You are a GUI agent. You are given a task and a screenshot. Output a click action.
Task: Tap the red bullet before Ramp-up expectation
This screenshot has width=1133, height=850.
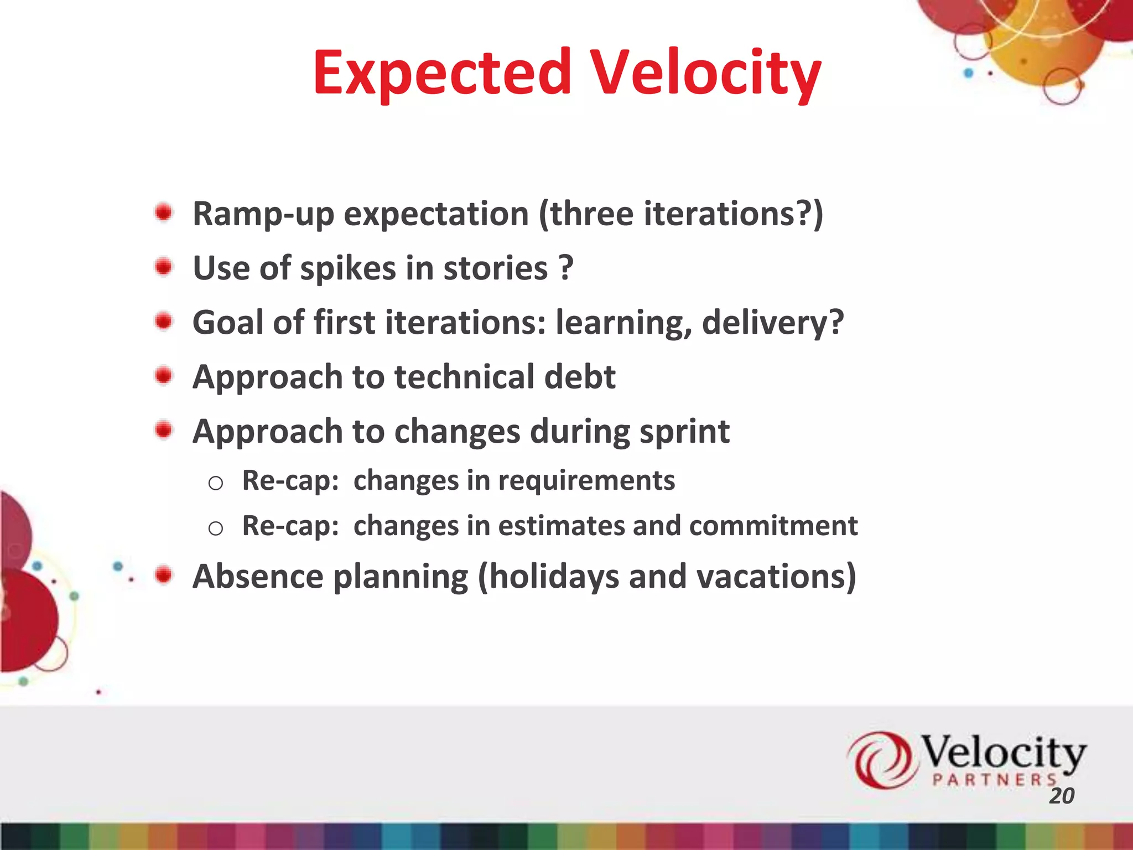point(164,212)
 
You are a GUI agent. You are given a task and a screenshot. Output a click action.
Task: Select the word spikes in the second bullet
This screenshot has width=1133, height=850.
point(348,269)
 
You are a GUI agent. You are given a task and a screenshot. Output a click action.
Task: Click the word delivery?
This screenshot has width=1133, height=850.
point(773,323)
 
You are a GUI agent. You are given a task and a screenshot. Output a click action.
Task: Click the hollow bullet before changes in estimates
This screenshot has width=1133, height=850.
point(215,528)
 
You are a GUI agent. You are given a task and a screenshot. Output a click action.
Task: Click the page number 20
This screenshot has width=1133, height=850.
point(1061,796)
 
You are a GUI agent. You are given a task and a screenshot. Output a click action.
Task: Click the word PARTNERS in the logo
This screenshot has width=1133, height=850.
point(995,780)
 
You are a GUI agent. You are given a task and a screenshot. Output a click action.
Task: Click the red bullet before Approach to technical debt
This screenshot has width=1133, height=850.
point(164,376)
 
